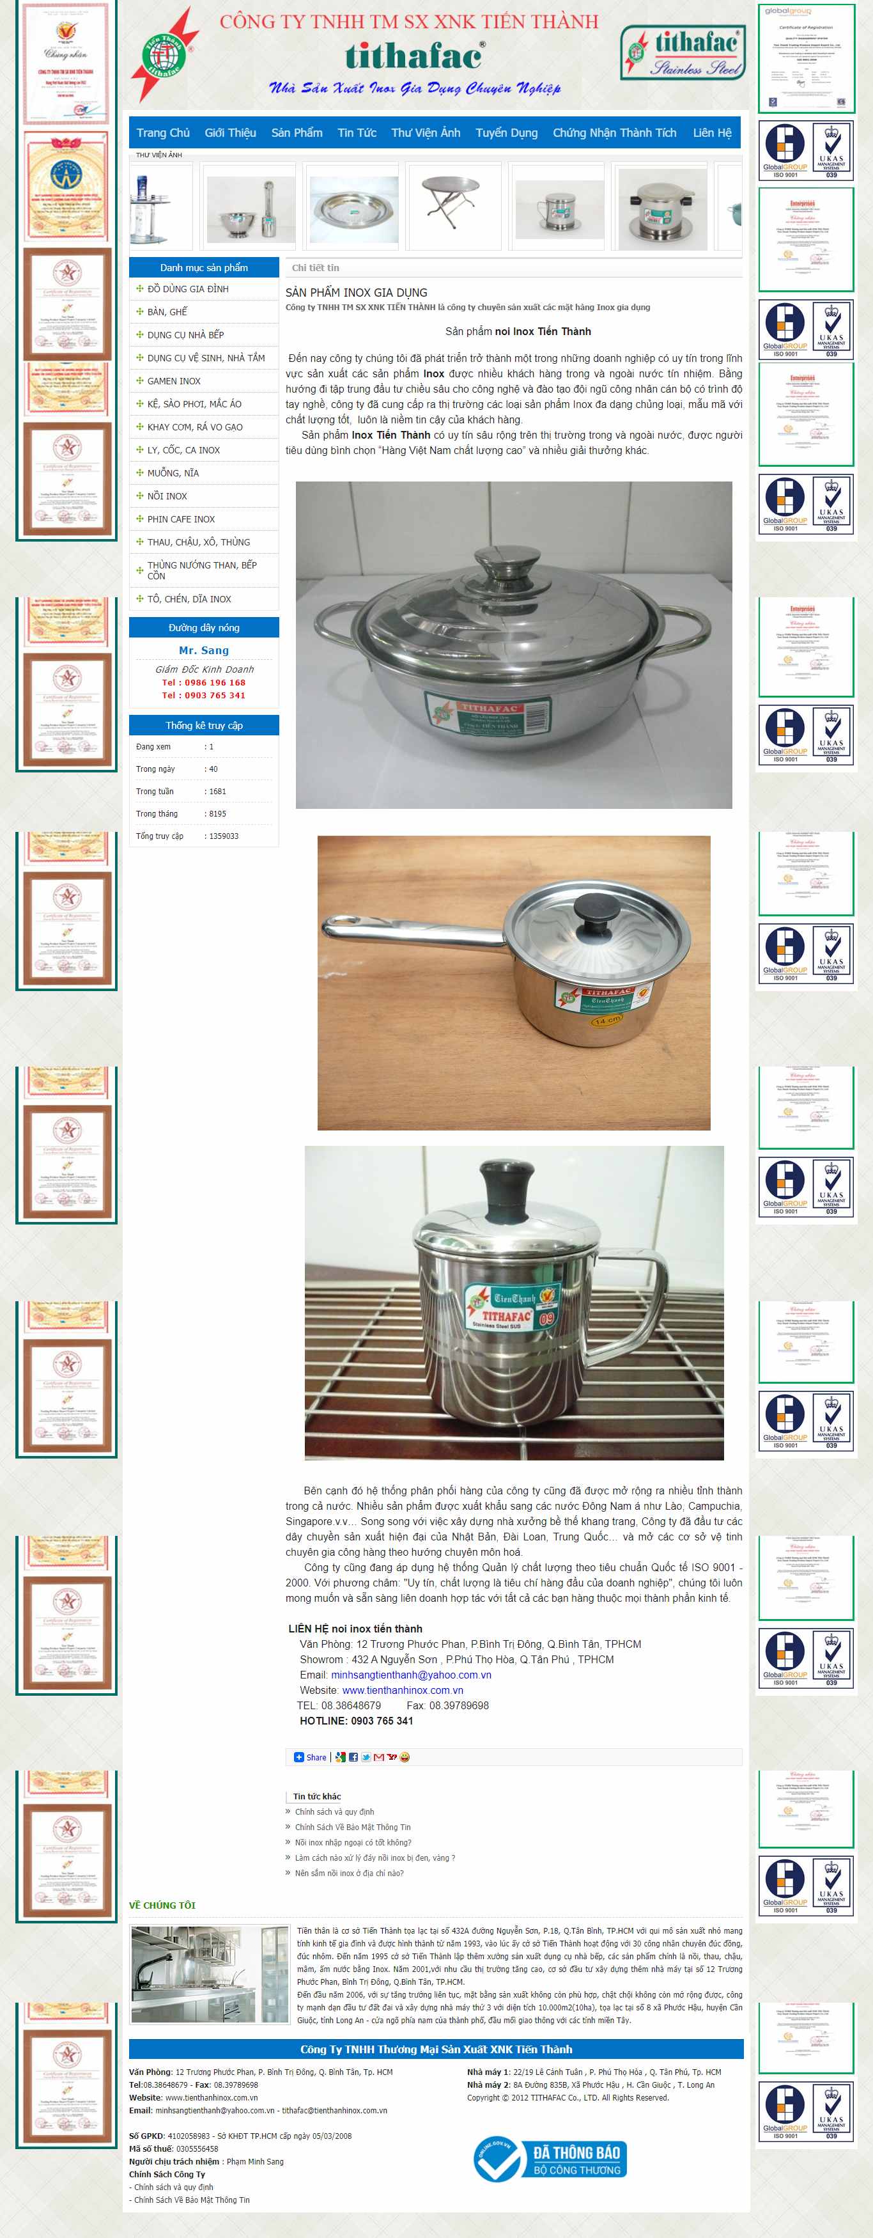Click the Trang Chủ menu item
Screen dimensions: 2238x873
pyautogui.click(x=162, y=133)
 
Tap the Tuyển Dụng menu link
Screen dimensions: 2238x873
pyautogui.click(x=506, y=133)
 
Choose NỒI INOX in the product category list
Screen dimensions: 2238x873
pyautogui.click(x=167, y=496)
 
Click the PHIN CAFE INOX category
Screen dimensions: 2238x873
pyautogui.click(x=181, y=519)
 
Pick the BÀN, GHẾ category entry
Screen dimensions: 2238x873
pyautogui.click(x=167, y=312)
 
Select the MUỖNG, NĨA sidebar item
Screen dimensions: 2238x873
pyautogui.click(x=173, y=473)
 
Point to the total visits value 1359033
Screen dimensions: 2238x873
pyautogui.click(x=223, y=836)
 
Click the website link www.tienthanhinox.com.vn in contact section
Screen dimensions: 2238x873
pyautogui.click(x=402, y=1691)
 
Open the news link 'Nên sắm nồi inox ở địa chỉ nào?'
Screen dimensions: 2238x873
pyautogui.click(x=348, y=1873)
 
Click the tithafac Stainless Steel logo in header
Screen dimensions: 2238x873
pyautogui.click(x=683, y=52)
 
